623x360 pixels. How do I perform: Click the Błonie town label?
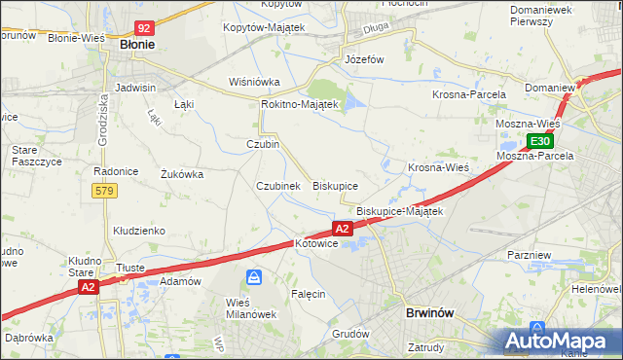[x=137, y=45]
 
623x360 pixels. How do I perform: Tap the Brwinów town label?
[x=429, y=313]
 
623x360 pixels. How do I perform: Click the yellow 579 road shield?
[x=106, y=191]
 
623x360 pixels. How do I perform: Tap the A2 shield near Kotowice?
[x=342, y=229]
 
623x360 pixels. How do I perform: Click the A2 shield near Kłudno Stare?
[x=89, y=287]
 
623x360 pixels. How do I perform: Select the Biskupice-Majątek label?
[x=399, y=211]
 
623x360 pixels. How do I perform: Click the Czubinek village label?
[x=277, y=186]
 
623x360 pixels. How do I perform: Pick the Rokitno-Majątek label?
[x=299, y=104]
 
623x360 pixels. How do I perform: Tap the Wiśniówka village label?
[x=254, y=82]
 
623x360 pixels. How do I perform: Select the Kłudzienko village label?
[x=138, y=231]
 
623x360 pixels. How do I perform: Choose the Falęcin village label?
[x=308, y=293]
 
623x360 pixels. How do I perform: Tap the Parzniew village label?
[x=531, y=254]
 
